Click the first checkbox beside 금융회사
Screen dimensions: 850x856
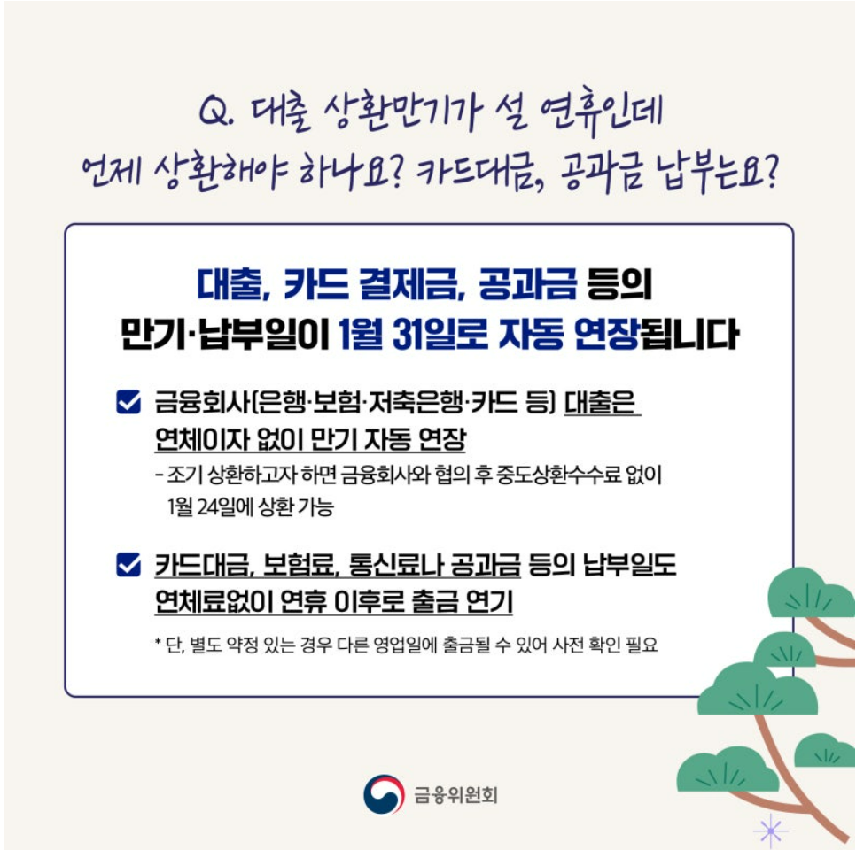click(x=128, y=404)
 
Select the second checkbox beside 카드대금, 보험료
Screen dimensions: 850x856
click(x=128, y=564)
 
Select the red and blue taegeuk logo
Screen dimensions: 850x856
click(x=384, y=794)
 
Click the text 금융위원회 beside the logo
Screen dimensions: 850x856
click(x=455, y=795)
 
